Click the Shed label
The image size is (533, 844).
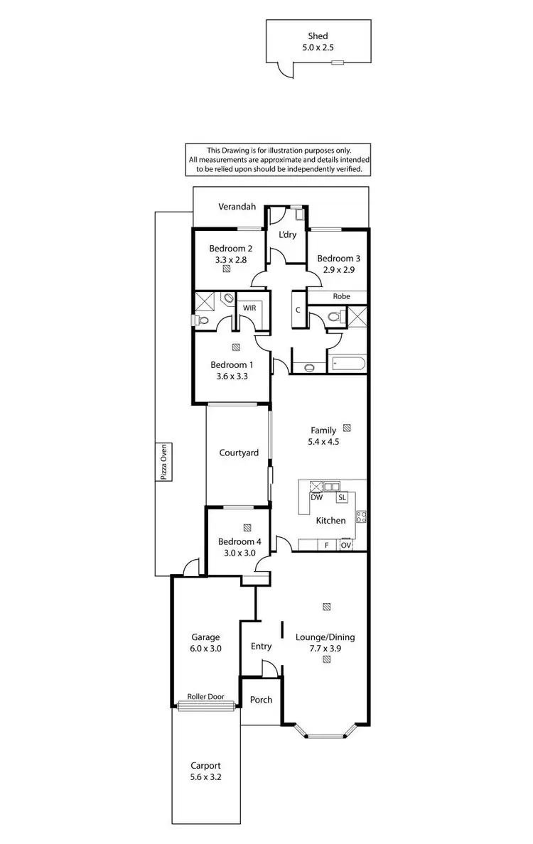(317, 35)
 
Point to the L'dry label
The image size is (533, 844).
(286, 234)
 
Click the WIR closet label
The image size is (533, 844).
(249, 308)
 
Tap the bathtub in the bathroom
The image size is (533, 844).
(349, 364)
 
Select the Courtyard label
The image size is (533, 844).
(238, 453)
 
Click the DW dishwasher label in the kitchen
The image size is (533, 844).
(317, 497)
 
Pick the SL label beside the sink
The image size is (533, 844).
(342, 497)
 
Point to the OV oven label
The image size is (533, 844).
(345, 544)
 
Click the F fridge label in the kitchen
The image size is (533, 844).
(326, 544)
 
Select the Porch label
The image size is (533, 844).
(261, 700)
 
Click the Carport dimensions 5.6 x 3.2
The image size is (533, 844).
(205, 778)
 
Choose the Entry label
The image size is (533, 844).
(261, 646)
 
